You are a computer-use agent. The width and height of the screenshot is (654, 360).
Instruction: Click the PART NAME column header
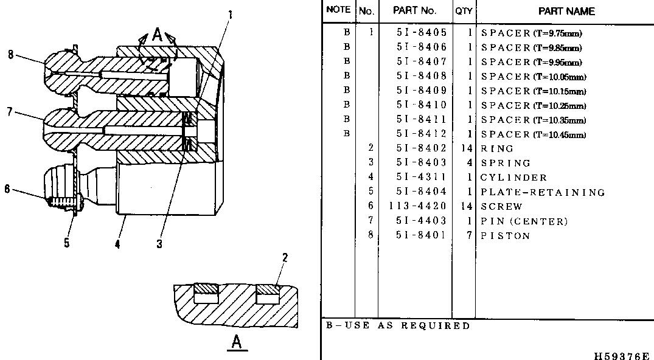[566, 12]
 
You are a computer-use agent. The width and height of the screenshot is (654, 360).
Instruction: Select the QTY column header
[464, 12]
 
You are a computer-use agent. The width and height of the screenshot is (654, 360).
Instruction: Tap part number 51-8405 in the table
[421, 33]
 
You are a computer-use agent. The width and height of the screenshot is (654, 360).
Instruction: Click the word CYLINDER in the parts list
[513, 178]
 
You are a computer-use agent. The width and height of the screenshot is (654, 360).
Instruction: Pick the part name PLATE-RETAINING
[543, 192]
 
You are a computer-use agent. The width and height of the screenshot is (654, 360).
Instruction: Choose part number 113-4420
[417, 206]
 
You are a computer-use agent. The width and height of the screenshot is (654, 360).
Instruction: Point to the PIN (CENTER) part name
[524, 221]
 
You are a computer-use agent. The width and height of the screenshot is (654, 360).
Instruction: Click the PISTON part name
[505, 236]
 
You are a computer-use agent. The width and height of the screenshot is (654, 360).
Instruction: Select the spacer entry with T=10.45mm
[534, 135]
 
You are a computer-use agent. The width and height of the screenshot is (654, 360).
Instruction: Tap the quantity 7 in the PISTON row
[469, 235]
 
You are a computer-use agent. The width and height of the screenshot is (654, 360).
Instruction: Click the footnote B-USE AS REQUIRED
[398, 325]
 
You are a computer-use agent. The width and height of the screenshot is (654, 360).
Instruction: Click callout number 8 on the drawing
[10, 55]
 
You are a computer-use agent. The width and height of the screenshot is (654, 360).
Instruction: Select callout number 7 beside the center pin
[10, 111]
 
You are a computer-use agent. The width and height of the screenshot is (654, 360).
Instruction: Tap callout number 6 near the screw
[7, 189]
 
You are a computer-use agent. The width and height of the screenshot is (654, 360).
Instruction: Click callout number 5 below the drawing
[67, 243]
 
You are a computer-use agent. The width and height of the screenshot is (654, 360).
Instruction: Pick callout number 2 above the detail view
[285, 257]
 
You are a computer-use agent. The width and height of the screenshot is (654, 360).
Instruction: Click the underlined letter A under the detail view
[237, 343]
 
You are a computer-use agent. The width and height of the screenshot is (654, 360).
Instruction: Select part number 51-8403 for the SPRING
[421, 163]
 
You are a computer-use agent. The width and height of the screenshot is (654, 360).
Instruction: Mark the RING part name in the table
[497, 149]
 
